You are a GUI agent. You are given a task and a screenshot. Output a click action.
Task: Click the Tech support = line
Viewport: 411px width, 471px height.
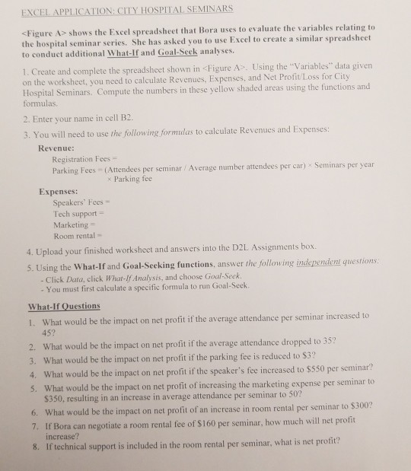[83, 215]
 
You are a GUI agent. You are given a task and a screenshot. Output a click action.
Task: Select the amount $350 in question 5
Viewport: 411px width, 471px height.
[53, 398]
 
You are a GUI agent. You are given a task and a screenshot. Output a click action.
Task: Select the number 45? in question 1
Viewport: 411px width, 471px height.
[46, 328]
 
